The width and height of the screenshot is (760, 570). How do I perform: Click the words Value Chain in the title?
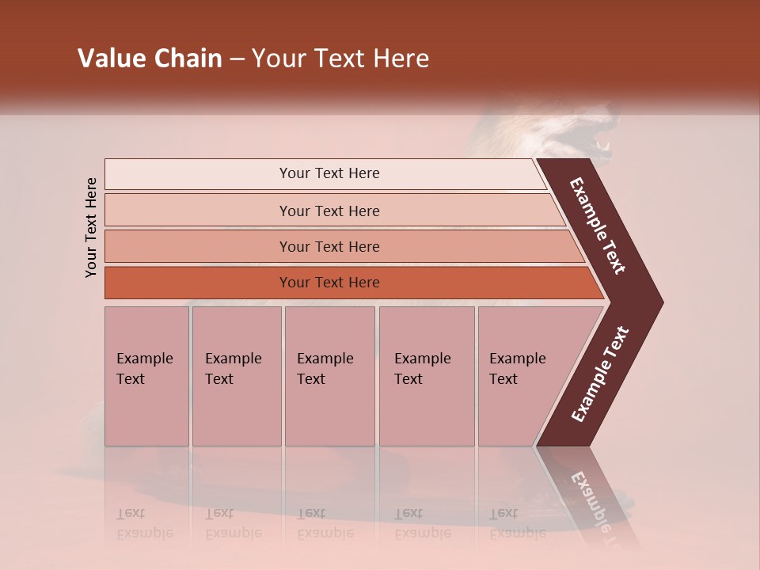[150, 59]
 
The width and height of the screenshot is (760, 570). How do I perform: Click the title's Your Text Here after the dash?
[340, 59]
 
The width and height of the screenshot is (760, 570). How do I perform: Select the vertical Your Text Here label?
[91, 228]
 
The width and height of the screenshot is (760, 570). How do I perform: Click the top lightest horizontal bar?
[329, 173]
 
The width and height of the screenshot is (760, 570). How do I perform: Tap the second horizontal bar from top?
[329, 211]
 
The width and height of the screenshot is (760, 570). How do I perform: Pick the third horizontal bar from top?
[329, 246]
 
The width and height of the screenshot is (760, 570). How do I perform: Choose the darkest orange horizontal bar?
[329, 283]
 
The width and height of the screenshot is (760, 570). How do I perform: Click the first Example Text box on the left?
[146, 376]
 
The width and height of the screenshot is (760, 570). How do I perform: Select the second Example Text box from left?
[236, 376]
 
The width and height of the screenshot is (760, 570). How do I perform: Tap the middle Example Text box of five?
[329, 376]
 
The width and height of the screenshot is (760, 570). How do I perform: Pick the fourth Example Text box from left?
[426, 376]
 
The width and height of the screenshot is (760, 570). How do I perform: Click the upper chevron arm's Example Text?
[598, 226]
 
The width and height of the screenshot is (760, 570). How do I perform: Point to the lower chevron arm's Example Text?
[600, 374]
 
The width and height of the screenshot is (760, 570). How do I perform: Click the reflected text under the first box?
[144, 523]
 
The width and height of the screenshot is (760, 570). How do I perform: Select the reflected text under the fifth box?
[517, 523]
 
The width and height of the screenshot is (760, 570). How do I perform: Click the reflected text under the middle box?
[325, 523]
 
